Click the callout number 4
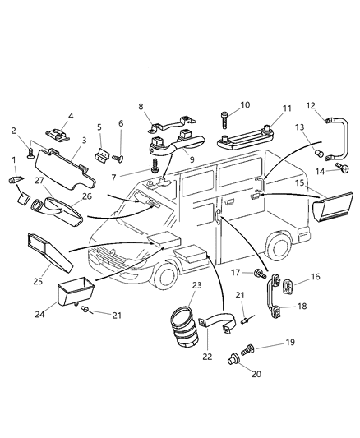(70, 117)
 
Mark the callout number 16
(316, 279)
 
